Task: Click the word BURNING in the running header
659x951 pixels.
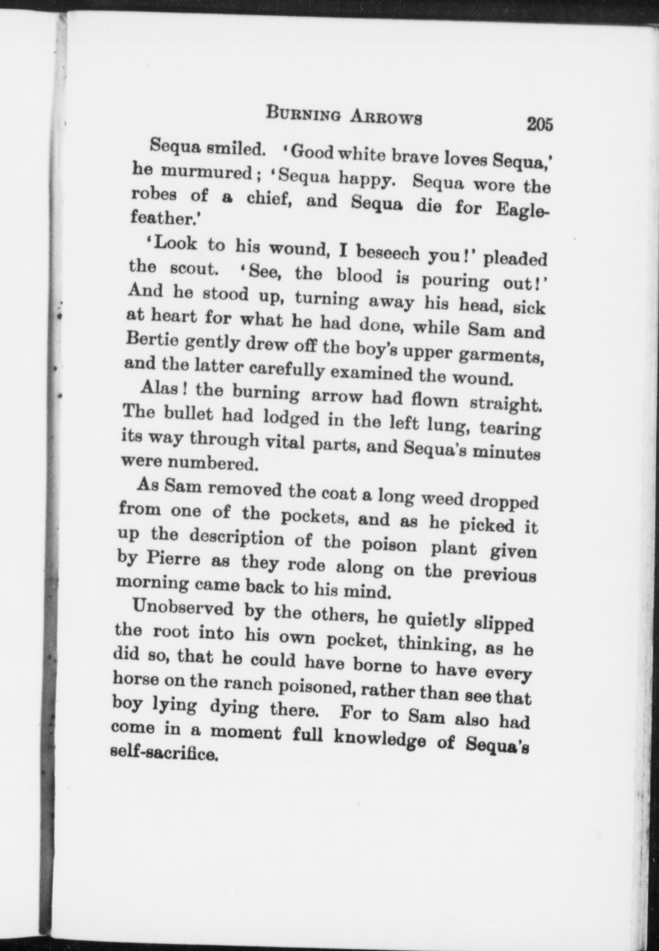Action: point(304,114)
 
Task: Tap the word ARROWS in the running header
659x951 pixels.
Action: point(386,117)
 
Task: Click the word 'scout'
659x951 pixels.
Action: point(194,268)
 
